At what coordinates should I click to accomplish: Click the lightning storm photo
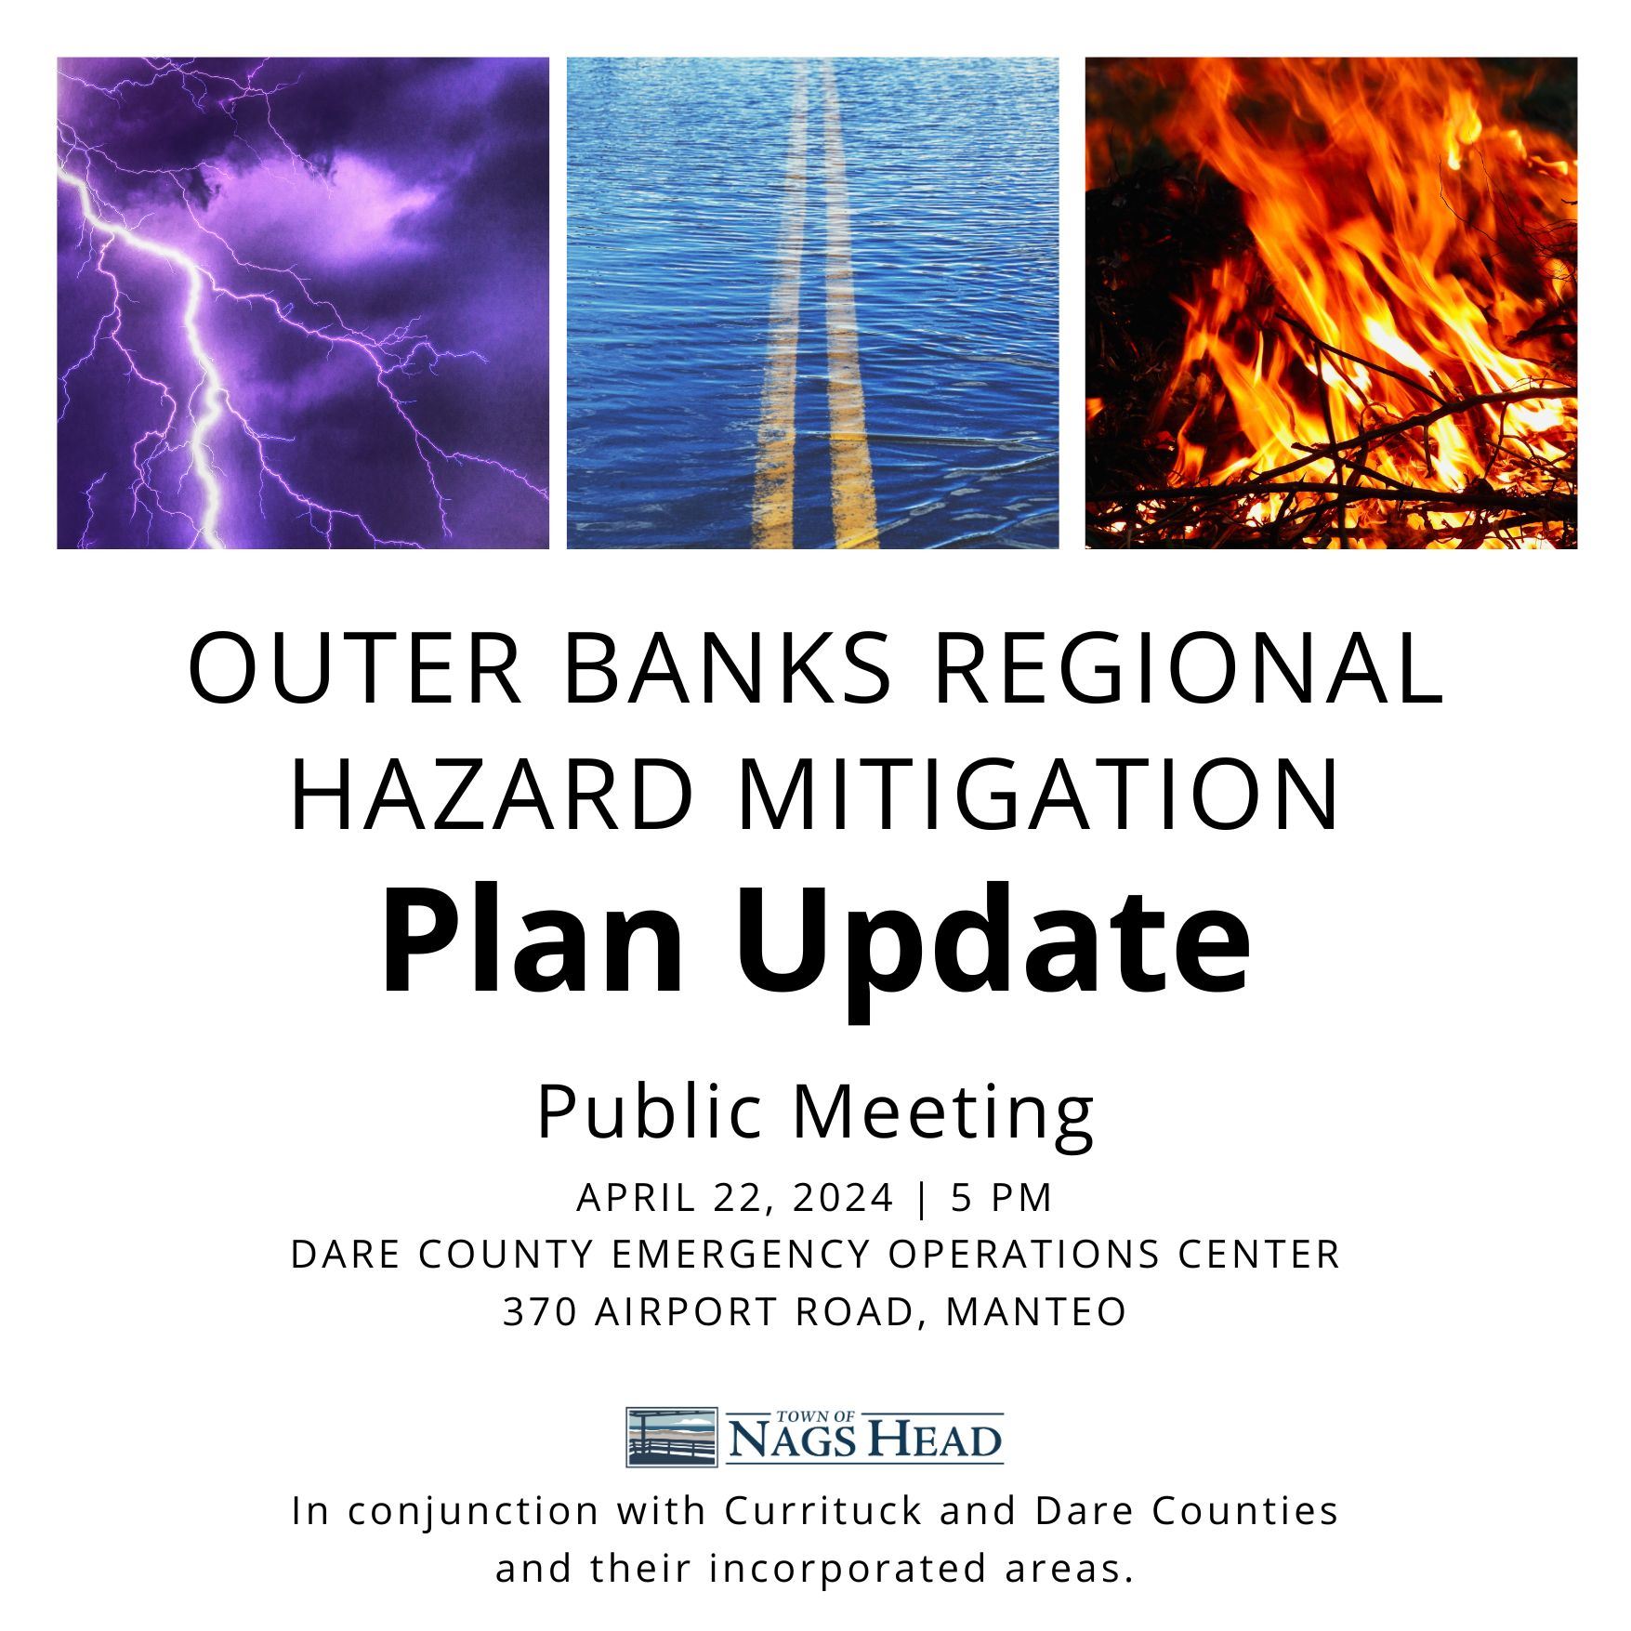coord(302,303)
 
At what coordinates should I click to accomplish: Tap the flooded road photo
coord(812,303)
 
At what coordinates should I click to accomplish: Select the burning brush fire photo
coord(1330,303)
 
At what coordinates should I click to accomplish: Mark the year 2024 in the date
coord(842,1198)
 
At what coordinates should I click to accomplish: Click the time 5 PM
coord(1002,1198)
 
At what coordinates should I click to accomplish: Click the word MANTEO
coord(1036,1312)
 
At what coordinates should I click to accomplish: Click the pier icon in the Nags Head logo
coord(671,1437)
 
